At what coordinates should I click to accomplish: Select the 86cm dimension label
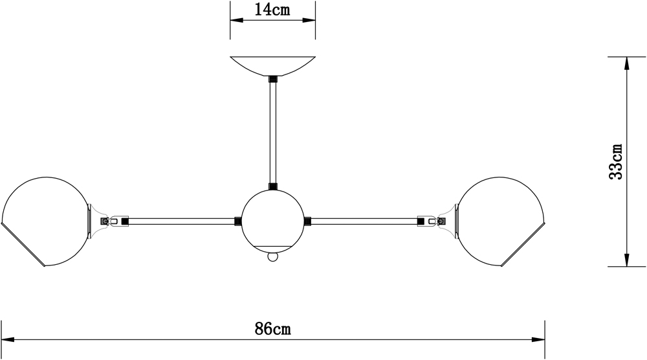(x=272, y=329)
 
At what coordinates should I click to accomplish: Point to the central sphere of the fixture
(x=272, y=219)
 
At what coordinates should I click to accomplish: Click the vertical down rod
(x=272, y=133)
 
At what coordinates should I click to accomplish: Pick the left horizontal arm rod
(x=181, y=221)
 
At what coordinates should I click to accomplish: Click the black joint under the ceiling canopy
(x=272, y=79)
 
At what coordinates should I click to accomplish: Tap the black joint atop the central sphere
(x=272, y=187)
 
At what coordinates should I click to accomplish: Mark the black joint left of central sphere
(x=238, y=221)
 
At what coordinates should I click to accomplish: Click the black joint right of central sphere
(x=307, y=221)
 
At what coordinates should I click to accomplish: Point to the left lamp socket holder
(x=97, y=220)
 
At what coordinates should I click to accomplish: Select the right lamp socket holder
(x=447, y=220)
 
